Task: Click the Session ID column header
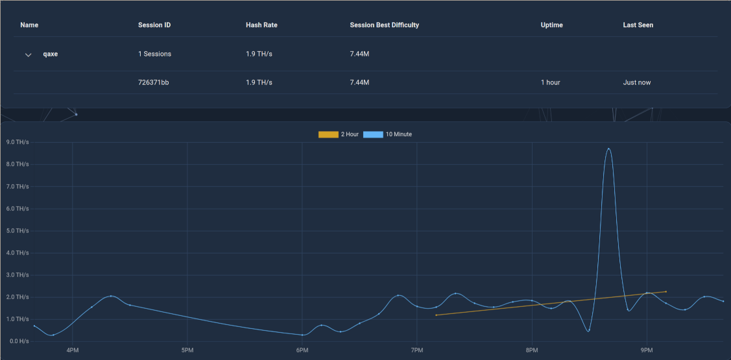pyautogui.click(x=154, y=25)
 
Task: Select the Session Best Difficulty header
pyautogui.click(x=384, y=25)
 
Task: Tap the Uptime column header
pyautogui.click(x=551, y=25)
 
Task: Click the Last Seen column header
pyautogui.click(x=638, y=25)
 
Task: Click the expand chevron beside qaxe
pyautogui.click(x=29, y=54)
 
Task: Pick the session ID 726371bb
pyautogui.click(x=153, y=82)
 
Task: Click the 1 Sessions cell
pyautogui.click(x=155, y=54)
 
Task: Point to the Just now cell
pyautogui.click(x=637, y=82)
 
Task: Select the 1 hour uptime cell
pyautogui.click(x=550, y=82)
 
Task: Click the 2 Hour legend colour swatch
pyautogui.click(x=328, y=134)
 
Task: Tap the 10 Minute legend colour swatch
pyautogui.click(x=373, y=134)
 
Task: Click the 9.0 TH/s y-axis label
pyautogui.click(x=16, y=142)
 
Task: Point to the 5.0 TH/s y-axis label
pyautogui.click(x=16, y=231)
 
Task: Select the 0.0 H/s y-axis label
pyautogui.click(x=18, y=341)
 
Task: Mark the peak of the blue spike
pyautogui.click(x=608, y=149)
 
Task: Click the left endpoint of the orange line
pyautogui.click(x=437, y=315)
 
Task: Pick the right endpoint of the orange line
pyautogui.click(x=665, y=291)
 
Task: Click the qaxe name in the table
pyautogui.click(x=51, y=54)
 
